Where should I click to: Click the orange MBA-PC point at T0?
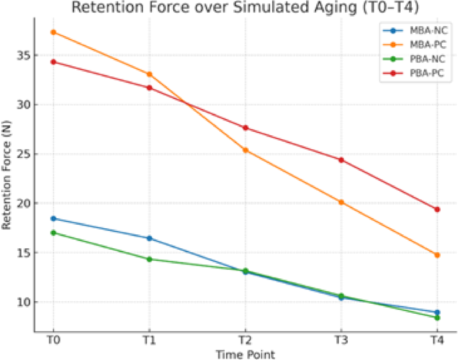tap(53, 32)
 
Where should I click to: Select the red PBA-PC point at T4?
tap(437, 209)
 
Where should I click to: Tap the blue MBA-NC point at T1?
tap(150, 238)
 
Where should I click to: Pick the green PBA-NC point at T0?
tap(53, 233)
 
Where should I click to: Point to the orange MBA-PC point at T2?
tap(245, 150)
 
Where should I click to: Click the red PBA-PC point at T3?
tap(341, 160)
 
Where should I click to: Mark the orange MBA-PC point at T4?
tap(437, 255)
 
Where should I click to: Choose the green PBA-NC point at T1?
tap(150, 259)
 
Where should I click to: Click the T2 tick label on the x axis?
tap(245, 340)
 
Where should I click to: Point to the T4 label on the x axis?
tap(437, 340)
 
